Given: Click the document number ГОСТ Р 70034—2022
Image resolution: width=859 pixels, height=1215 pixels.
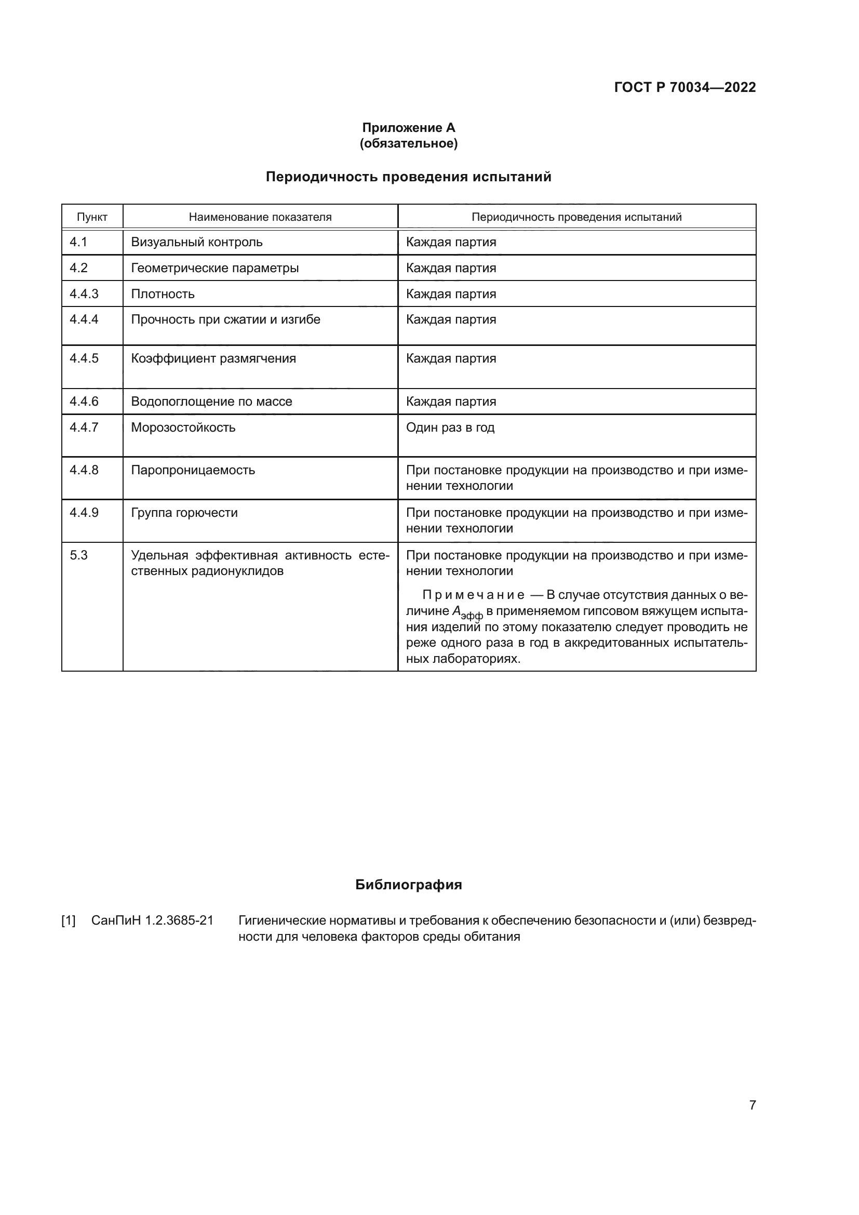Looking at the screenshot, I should pos(684,87).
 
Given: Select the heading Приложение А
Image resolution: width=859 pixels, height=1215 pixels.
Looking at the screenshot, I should pos(408,128).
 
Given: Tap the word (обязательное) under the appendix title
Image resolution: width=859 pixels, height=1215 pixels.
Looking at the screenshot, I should pos(408,143).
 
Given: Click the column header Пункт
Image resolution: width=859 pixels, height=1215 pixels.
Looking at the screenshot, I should pos(92,217).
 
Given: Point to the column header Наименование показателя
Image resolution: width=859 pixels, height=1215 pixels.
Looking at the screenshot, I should pos(260,217).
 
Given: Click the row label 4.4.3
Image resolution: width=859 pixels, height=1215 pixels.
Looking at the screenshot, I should pos(84,293).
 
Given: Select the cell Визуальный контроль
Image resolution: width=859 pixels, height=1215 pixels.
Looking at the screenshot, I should pos(197,243).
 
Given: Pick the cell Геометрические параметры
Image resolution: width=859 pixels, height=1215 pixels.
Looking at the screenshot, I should pos(215,268).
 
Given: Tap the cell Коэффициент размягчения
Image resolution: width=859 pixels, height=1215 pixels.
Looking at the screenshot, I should pos(213,358).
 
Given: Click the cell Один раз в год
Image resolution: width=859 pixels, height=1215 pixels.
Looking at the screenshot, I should pos(450,427).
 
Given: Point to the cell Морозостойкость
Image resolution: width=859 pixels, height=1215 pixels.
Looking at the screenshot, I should pos(183,427).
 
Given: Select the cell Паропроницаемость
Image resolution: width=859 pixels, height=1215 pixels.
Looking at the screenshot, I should pos(193,470).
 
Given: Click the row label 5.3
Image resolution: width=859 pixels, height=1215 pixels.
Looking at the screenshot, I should pos(78,555).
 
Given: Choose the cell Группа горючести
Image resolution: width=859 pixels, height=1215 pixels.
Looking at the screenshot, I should pos(184,513).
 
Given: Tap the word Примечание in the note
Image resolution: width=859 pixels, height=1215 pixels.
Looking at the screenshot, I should pos(473,595).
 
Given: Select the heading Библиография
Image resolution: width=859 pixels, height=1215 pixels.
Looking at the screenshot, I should pos(408,885).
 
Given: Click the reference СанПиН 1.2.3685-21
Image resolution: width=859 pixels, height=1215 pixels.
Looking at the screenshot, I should pos(152,920).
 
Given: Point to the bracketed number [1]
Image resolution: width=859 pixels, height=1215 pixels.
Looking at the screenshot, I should pos(69,921).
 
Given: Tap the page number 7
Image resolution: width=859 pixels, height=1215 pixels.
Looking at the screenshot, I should pos(752,1105).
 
